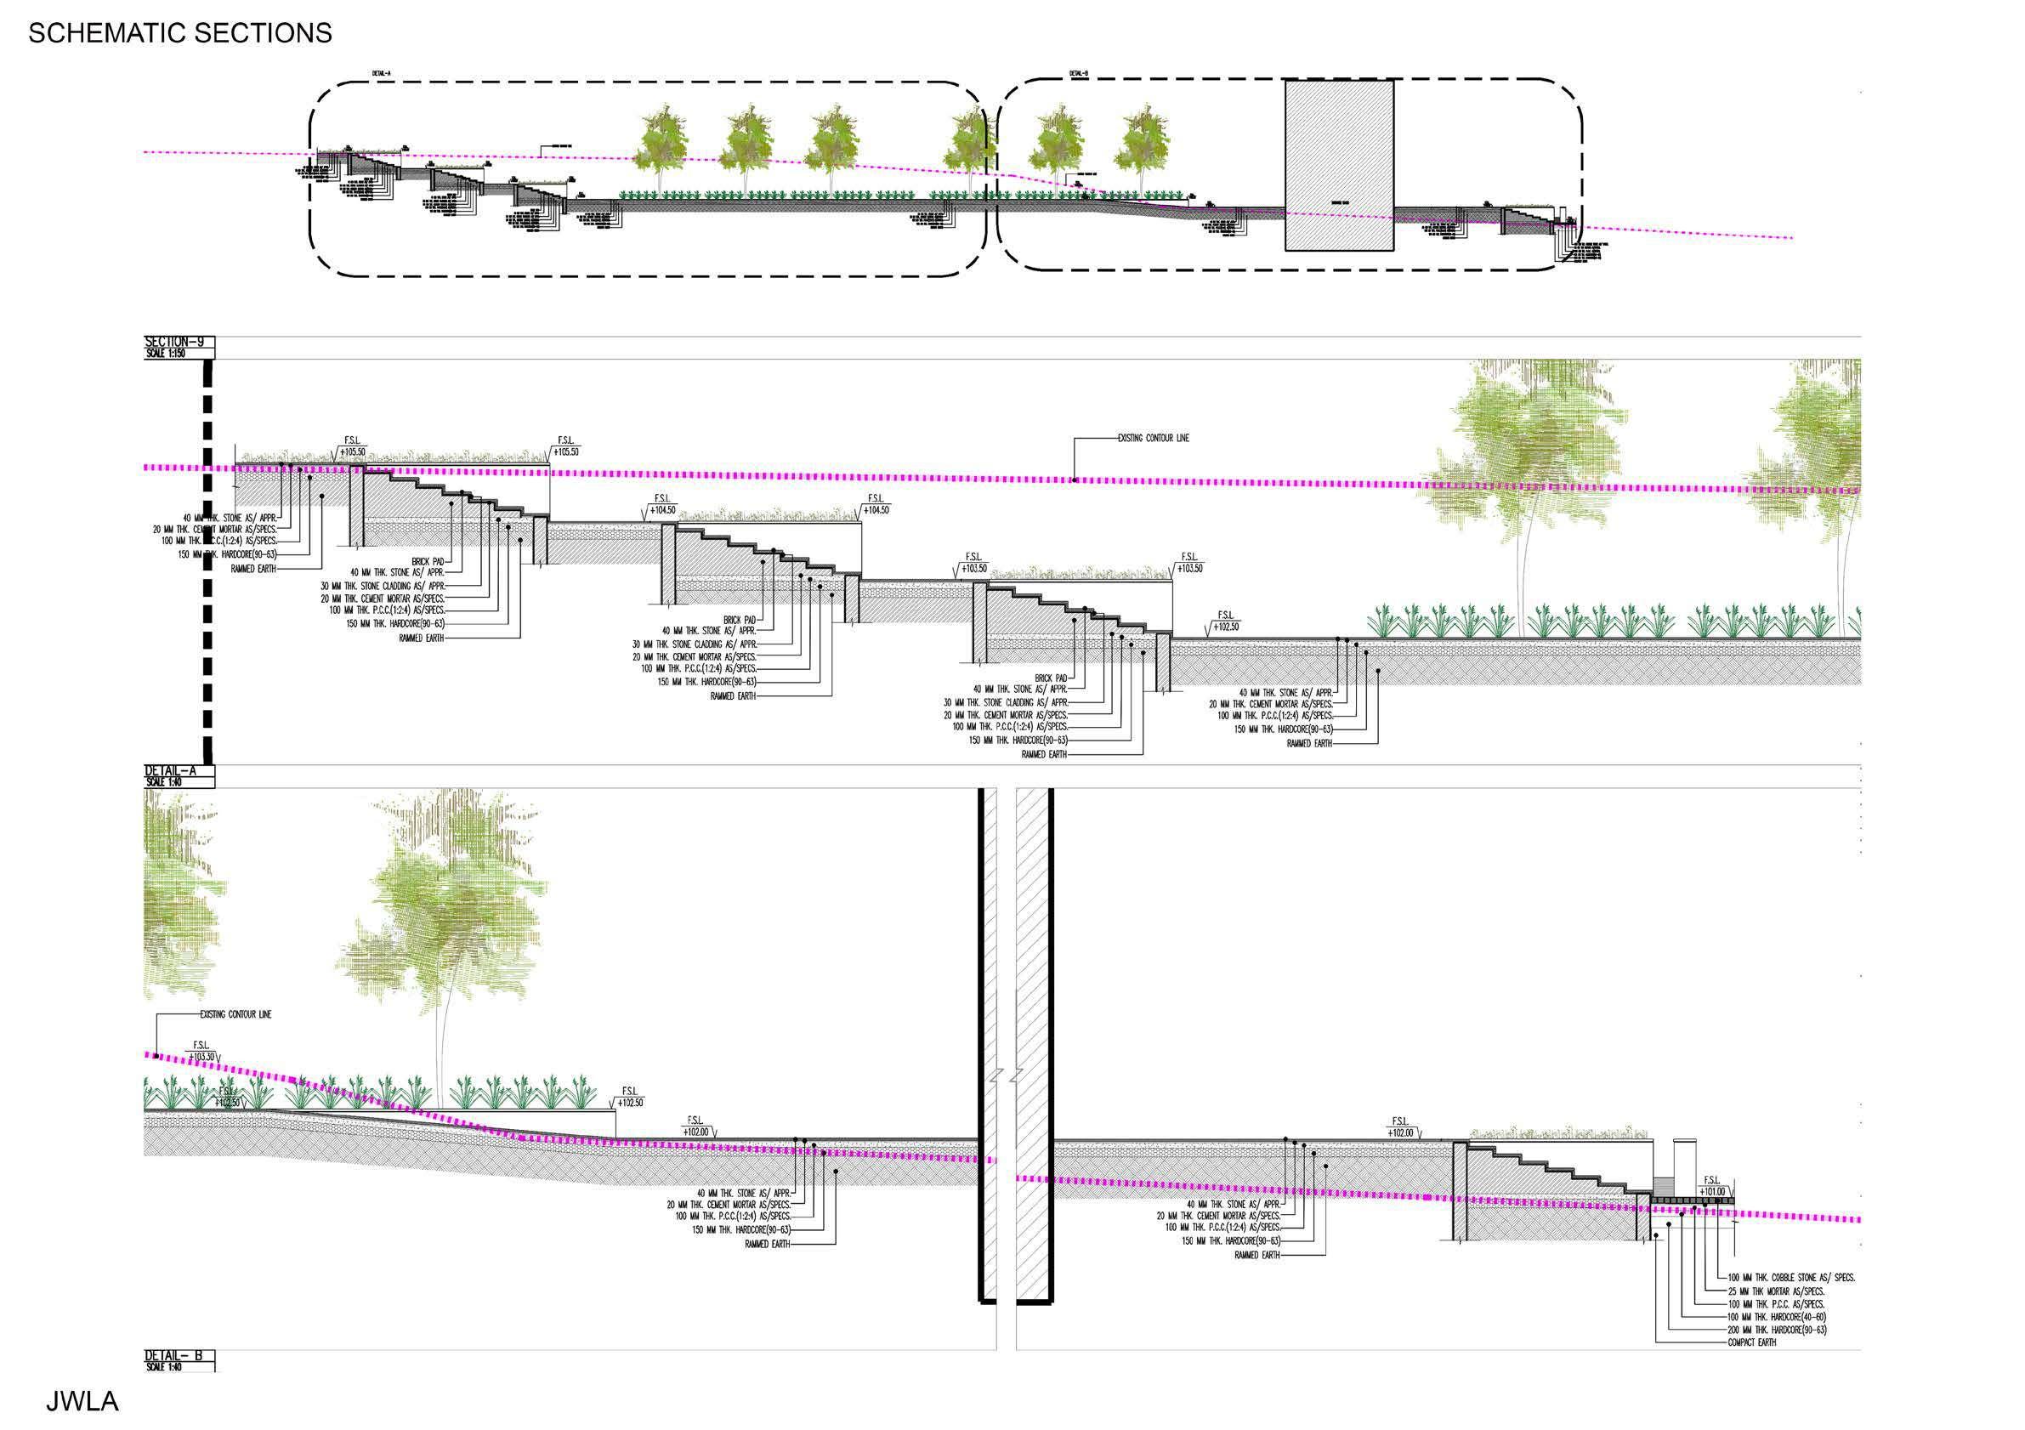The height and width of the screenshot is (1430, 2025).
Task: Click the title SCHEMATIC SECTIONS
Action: [180, 33]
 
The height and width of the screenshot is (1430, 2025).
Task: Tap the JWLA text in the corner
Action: [82, 1402]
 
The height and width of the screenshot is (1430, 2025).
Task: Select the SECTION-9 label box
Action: [179, 343]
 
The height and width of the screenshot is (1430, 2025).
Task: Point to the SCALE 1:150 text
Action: [165, 353]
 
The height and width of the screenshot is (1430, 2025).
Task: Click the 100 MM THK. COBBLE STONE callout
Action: [1791, 1277]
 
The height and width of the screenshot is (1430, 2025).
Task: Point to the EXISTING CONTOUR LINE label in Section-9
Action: [1153, 439]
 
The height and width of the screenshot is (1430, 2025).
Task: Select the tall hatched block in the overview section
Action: [1339, 166]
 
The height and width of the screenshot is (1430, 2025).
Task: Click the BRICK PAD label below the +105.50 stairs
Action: [428, 561]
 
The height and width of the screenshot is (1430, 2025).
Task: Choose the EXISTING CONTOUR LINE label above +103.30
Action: [235, 1014]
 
